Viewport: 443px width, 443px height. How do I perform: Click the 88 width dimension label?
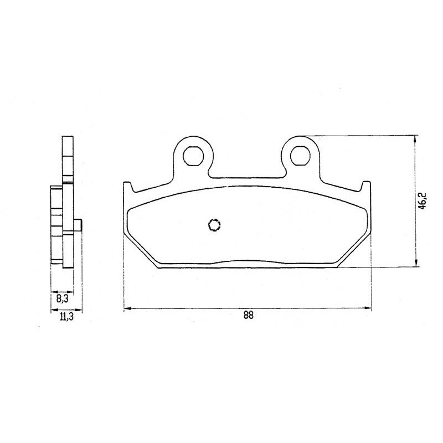coord(248,315)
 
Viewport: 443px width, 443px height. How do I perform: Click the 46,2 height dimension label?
coord(423,201)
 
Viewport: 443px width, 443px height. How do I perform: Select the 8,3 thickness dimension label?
coord(63,298)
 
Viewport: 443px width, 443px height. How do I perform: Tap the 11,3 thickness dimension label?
coord(66,317)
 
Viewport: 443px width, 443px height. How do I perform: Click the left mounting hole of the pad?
coord(193,156)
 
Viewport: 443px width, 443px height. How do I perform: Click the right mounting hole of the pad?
coord(300,156)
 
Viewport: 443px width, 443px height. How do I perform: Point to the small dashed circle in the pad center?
coord(214,225)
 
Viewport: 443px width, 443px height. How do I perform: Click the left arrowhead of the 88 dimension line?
coord(128,308)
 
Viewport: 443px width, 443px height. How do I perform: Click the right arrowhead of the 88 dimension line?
coord(368,308)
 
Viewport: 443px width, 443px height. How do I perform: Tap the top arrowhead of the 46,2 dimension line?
coord(415,140)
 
